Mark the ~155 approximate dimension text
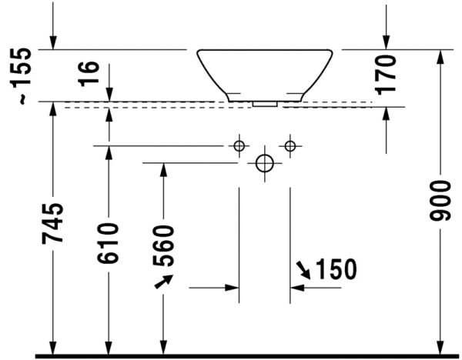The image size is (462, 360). (25, 75)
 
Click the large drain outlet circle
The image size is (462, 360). (264, 163)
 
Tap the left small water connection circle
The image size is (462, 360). (239, 145)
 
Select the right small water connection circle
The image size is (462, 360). (290, 145)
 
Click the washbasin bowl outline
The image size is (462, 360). (264, 72)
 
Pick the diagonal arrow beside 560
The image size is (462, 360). (162, 283)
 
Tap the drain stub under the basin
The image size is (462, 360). (265, 101)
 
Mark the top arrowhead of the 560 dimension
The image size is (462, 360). (162, 169)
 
